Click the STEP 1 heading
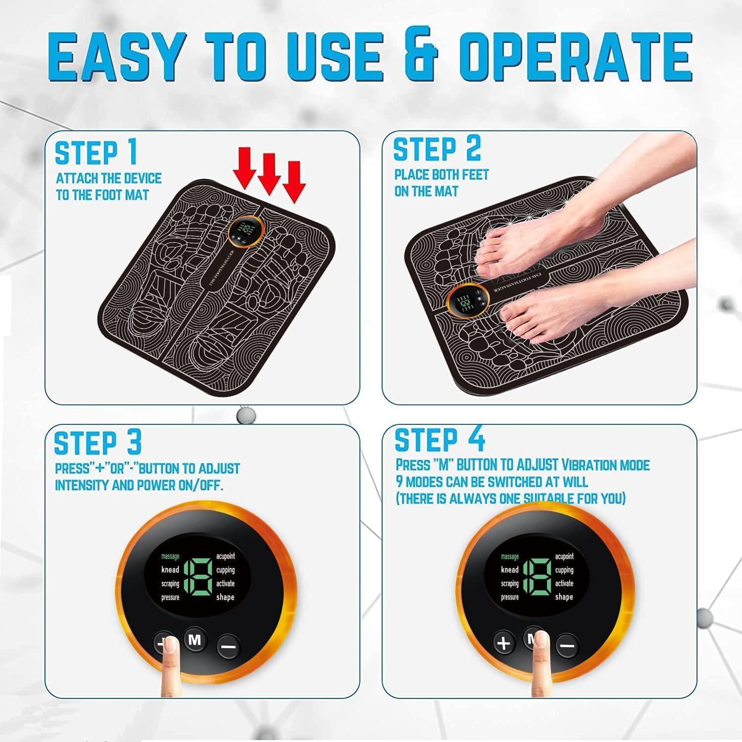96,152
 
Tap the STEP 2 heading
437,149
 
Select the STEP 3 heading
98,442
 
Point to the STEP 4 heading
440,440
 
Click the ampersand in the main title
420,58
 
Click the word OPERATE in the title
575,58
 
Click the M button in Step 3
195,641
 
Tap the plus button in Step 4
504,643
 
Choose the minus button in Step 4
567,646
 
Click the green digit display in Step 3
198,576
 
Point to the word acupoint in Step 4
564,556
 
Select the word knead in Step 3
170,570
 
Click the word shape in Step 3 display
225,597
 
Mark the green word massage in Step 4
510,556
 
